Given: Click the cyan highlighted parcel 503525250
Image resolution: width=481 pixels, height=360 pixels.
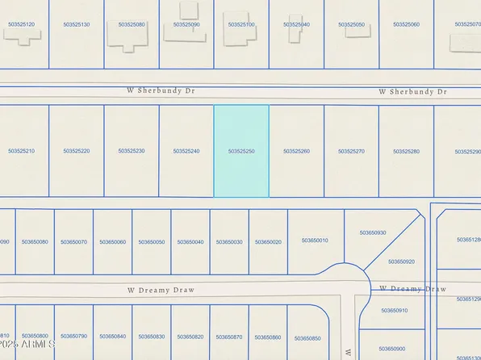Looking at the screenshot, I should coord(241,151).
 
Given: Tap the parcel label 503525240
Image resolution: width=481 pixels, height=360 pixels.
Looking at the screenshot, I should coord(186,151).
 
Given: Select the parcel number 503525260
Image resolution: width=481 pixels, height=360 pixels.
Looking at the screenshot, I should coord(296,151).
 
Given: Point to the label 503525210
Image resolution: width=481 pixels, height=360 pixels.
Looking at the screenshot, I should coord(22,151).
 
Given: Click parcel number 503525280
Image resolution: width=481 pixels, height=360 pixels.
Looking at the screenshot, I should coord(406,151).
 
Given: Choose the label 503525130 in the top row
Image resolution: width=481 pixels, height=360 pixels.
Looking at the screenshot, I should coord(77,24).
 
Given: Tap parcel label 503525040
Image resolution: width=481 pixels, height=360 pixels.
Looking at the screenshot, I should coord(296,24).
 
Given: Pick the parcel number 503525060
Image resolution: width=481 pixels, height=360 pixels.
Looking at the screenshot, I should coord(406,24).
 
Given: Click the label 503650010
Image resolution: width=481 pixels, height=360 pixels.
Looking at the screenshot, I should coord(315,240).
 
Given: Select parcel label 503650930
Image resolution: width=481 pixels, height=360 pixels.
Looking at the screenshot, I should coord(373,232).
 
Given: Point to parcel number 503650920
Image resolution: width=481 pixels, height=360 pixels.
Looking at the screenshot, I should coord(401,262).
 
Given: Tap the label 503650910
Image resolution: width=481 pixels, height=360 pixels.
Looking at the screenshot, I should coord(395,310).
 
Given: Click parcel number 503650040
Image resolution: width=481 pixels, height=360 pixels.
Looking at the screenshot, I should coord(190,241).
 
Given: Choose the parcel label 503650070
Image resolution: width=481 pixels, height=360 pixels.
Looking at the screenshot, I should coord(73,241).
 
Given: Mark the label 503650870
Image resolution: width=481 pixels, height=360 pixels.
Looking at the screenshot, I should coord(229,336).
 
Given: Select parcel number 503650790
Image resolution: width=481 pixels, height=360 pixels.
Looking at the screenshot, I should coord(73,336).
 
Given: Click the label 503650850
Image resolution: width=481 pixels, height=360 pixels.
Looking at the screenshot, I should coord(307,338).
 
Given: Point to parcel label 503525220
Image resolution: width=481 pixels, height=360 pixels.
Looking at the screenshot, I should coord(77,151).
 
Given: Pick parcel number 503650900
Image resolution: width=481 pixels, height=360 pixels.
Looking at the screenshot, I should coord(391,349).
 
